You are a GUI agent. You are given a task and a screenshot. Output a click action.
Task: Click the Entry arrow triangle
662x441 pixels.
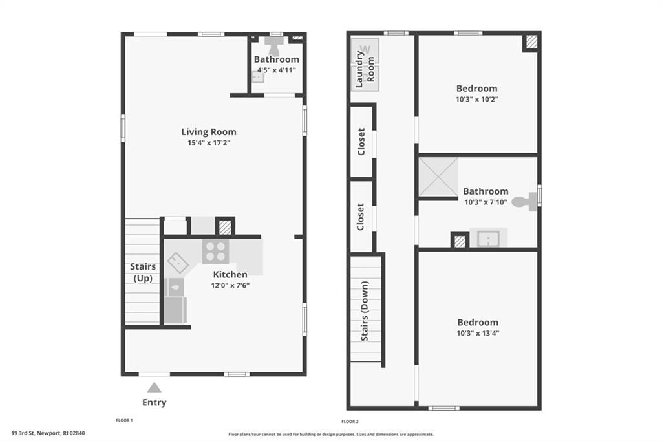pyautogui.click(x=155, y=388)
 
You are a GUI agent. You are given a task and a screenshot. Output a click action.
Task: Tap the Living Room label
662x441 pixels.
pyautogui.click(x=209, y=132)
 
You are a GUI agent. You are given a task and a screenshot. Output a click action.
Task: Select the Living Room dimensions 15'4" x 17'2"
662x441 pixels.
pyautogui.click(x=209, y=143)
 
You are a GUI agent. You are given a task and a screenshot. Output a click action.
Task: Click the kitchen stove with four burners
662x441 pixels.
pyautogui.click(x=216, y=252)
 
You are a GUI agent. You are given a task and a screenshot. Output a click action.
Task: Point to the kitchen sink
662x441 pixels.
pyautogui.click(x=178, y=263)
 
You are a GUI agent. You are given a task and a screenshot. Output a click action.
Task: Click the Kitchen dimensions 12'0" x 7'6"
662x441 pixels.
pyautogui.click(x=230, y=285)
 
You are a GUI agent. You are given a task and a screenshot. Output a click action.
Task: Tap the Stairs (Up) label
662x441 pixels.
pyautogui.click(x=143, y=272)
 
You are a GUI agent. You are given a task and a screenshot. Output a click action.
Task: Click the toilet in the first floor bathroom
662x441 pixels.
pyautogui.click(x=275, y=45)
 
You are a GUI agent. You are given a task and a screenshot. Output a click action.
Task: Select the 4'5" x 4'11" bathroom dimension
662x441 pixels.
pyautogui.click(x=276, y=70)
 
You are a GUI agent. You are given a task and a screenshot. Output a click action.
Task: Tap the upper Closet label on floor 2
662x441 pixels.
pyautogui.click(x=361, y=142)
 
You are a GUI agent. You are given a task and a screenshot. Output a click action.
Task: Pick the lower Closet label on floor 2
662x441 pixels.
pyautogui.click(x=360, y=217)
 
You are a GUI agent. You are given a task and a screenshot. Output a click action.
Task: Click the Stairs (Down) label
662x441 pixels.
pyautogui.click(x=365, y=311)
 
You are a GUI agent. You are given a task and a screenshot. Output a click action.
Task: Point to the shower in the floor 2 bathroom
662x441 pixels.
pyautogui.click(x=438, y=177)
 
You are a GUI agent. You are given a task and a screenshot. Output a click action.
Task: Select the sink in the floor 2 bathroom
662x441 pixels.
pyautogui.click(x=489, y=238)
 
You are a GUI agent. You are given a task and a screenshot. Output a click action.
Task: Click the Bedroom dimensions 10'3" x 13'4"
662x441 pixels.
pyautogui.click(x=478, y=333)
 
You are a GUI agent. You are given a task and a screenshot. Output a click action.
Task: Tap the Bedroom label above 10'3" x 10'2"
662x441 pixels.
pyautogui.click(x=476, y=89)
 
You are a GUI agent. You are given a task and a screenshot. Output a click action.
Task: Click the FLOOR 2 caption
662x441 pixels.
pyautogui.click(x=350, y=421)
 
